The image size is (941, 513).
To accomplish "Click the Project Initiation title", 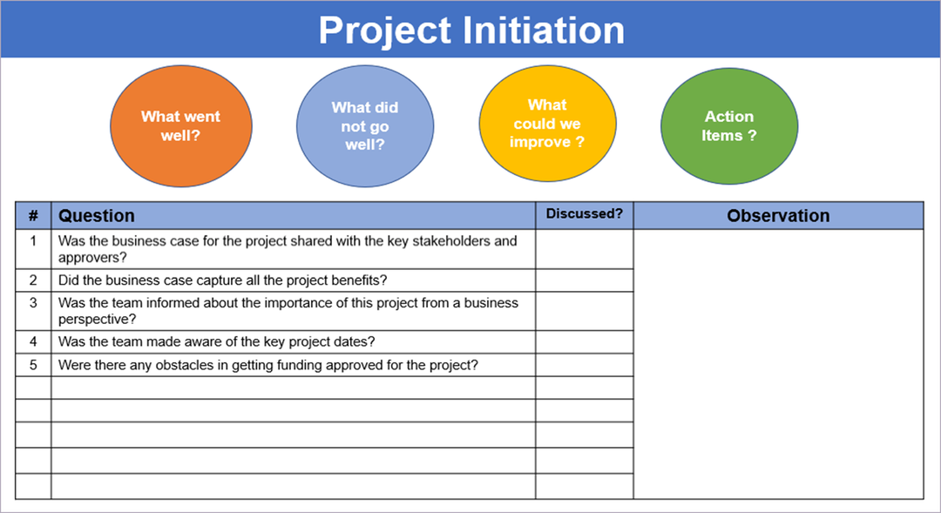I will [x=470, y=30].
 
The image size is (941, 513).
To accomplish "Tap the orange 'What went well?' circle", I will [x=181, y=125].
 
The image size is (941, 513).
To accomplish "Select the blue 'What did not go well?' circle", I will [x=364, y=125].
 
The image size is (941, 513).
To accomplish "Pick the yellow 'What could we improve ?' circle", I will [x=547, y=123].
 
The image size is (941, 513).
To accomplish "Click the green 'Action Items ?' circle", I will [x=729, y=125].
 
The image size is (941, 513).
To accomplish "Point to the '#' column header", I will [x=33, y=215].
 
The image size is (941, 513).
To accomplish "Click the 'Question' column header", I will [x=97, y=216].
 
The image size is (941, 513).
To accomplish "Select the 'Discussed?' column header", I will [x=585, y=213].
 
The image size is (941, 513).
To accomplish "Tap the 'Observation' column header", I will [x=778, y=216].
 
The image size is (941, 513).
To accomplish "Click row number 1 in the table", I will [x=33, y=241].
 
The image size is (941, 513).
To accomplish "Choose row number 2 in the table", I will [x=33, y=280].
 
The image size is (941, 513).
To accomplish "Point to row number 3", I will [x=33, y=303].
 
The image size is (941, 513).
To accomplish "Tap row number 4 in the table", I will [x=33, y=342].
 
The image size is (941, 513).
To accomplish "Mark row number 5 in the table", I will [x=33, y=365].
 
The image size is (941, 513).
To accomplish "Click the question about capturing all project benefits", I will [x=222, y=280].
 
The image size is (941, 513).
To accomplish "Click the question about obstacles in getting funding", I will [x=267, y=365].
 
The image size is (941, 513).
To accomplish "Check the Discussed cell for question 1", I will [x=585, y=249].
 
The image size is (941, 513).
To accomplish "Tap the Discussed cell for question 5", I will [x=585, y=365].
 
